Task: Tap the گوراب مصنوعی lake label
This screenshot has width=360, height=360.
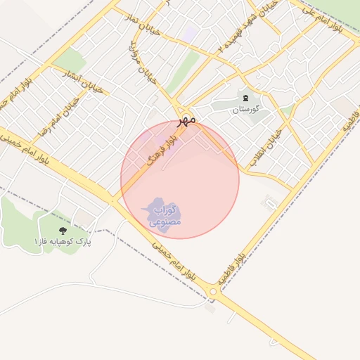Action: [165, 215]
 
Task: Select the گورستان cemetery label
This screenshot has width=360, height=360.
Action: [246, 110]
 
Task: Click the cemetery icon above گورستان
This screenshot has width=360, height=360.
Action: [245, 98]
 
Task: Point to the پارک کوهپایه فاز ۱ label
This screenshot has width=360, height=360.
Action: [63, 242]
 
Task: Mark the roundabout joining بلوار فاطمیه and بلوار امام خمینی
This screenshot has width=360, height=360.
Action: [213, 291]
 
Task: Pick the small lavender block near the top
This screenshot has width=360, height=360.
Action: [190, 33]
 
